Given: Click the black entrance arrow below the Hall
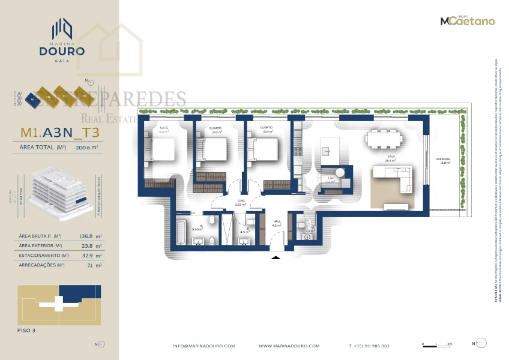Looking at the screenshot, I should click(276, 257).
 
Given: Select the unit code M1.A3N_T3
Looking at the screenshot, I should click(60, 133).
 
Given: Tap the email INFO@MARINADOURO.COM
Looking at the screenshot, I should click(204, 346).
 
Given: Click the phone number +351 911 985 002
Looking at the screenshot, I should click(369, 346).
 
